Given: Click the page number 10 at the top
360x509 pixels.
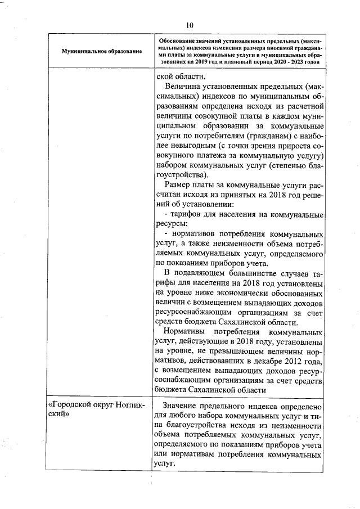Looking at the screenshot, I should pyautogui.click(x=189, y=25).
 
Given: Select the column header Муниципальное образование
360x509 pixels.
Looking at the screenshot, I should pyautogui.click(x=101, y=52).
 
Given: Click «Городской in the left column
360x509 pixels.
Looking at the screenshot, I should pyautogui.click(x=70, y=405).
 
